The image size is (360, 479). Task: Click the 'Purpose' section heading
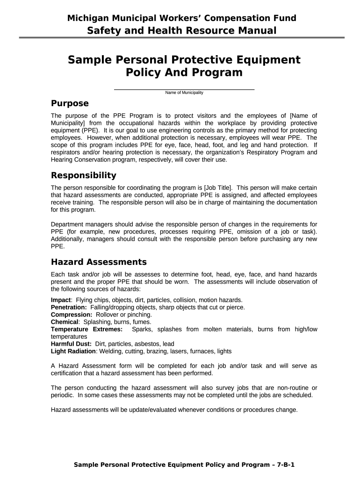[x=69, y=103]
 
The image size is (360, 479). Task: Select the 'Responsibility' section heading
[x=83, y=175]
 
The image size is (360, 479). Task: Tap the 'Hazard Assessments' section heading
[x=98, y=261]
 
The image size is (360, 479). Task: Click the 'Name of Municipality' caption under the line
[x=184, y=93]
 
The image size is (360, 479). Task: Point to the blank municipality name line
[x=184, y=88]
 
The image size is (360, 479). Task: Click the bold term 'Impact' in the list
[x=61, y=299]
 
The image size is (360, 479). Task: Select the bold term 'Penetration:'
[x=69, y=307]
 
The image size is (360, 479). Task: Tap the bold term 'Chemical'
[x=65, y=322]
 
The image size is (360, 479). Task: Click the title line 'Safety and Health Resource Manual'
[x=182, y=31]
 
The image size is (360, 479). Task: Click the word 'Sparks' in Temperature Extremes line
[x=142, y=329]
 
